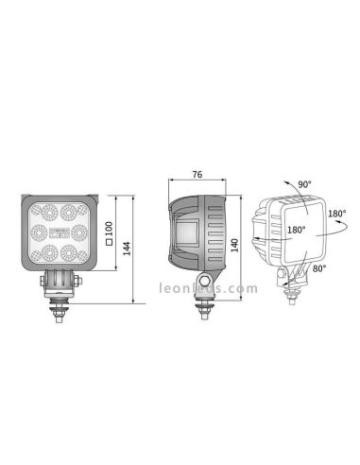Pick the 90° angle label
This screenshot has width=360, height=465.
point(305,184)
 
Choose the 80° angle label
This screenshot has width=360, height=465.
point(319,269)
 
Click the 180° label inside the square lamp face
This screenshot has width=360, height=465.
point(295,230)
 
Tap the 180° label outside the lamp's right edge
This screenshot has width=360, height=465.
point(337,215)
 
